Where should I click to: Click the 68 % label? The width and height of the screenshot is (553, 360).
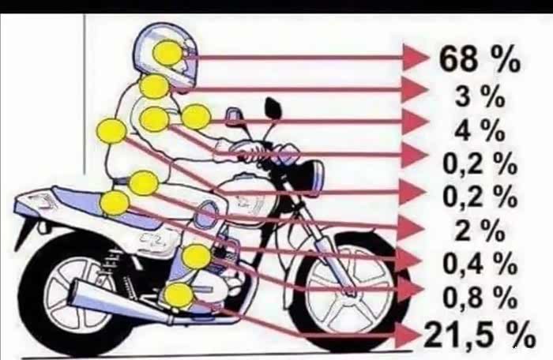(480, 58)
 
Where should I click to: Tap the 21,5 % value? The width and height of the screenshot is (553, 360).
(479, 335)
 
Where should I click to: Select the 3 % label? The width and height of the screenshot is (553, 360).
(480, 96)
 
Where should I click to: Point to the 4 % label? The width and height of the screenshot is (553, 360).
(480, 130)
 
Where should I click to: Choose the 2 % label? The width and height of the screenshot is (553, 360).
(480, 231)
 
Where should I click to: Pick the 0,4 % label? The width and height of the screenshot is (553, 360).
(480, 264)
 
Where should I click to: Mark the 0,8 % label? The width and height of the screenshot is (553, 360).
(480, 297)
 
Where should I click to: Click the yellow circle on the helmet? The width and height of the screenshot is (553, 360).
(167, 53)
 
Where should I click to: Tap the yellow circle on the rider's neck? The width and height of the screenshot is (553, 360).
(155, 87)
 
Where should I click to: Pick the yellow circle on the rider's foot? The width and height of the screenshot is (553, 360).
(180, 295)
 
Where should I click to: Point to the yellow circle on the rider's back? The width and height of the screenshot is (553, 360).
(111, 131)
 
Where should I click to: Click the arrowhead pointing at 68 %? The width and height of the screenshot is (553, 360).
(415, 57)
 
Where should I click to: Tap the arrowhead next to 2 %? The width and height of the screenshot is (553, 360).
(410, 229)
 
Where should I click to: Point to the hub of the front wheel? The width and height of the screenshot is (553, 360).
(349, 291)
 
